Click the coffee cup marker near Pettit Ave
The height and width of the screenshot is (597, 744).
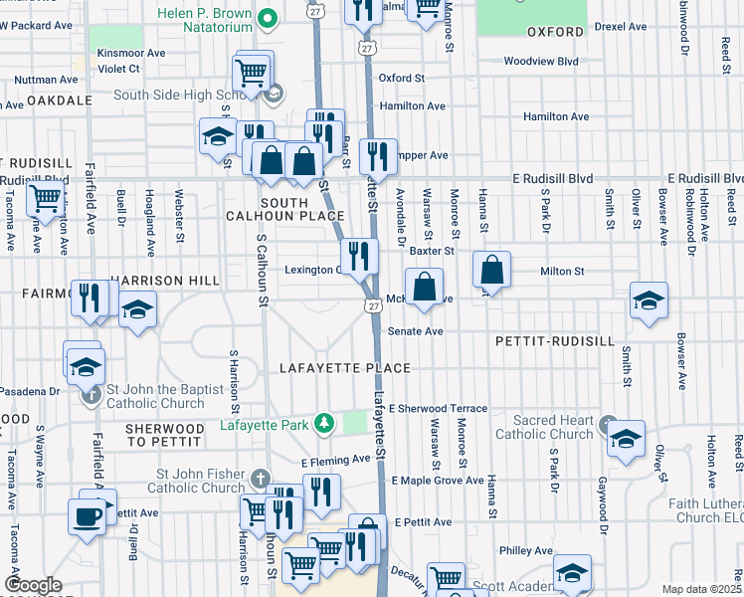[87, 516]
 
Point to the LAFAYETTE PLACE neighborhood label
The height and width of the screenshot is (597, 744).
[345, 368]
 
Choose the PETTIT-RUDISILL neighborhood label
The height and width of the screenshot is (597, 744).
[554, 340]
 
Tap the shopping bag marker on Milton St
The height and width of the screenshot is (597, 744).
[492, 269]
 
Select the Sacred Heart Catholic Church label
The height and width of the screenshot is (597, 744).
[545, 428]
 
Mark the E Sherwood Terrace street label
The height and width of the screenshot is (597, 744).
[439, 409]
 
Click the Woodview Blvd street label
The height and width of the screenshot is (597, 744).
[540, 61]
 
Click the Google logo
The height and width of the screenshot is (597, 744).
[33, 585]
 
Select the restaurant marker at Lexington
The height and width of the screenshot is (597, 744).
[359, 256]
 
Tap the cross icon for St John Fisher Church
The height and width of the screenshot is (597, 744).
[260, 479]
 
